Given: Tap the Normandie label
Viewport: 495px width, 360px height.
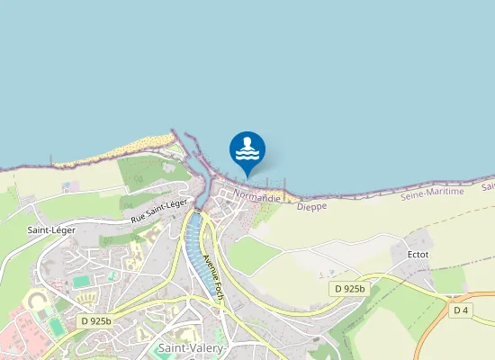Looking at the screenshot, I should [x=257, y=194].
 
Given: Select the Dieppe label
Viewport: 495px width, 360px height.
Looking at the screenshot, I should [x=311, y=206].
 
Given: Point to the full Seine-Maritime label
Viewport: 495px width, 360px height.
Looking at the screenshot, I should [x=432, y=193].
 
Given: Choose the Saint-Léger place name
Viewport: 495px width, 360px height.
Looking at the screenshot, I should [x=39, y=230].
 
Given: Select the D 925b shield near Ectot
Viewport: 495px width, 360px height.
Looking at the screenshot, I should [x=348, y=289].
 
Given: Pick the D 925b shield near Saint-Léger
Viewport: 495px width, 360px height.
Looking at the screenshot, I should [x=94, y=320].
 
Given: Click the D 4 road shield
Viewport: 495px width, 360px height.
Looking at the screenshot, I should [x=461, y=310].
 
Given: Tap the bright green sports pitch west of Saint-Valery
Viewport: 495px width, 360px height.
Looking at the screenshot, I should [x=82, y=282].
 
